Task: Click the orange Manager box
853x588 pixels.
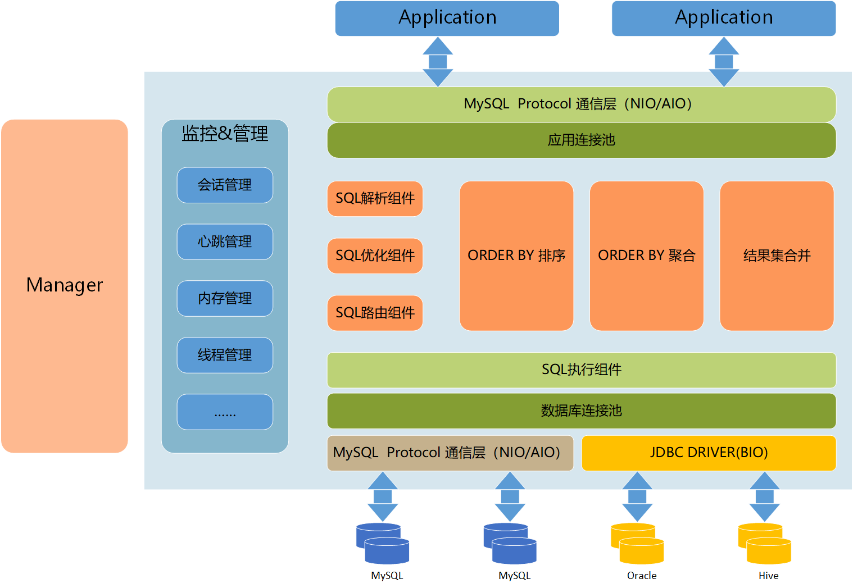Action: [x=65, y=286]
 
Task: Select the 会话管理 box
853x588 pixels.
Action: [x=225, y=185]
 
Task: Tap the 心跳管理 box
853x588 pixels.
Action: [x=225, y=241]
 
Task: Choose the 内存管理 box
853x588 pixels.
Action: [x=225, y=298]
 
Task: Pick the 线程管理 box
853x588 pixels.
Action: [x=225, y=355]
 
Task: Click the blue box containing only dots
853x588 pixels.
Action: [x=225, y=412]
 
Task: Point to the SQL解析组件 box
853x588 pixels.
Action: [x=375, y=198]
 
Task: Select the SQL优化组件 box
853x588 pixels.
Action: [x=375, y=256]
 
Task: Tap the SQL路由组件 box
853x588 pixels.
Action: [x=375, y=313]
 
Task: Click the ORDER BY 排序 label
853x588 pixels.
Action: [x=516, y=256]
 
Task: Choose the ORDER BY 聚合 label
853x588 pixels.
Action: [x=646, y=256]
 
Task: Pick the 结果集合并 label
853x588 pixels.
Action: [x=777, y=256]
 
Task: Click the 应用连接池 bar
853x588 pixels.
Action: [x=582, y=140]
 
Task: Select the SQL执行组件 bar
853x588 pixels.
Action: [x=582, y=370]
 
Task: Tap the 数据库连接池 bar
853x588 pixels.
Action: [x=582, y=411]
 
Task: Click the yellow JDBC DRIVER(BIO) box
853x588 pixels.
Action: [x=709, y=453]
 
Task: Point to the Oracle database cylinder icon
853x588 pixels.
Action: [x=637, y=543]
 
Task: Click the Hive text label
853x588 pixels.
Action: [x=768, y=576]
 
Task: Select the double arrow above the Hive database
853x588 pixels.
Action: [x=764, y=496]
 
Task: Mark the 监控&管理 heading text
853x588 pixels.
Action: [x=225, y=134]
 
